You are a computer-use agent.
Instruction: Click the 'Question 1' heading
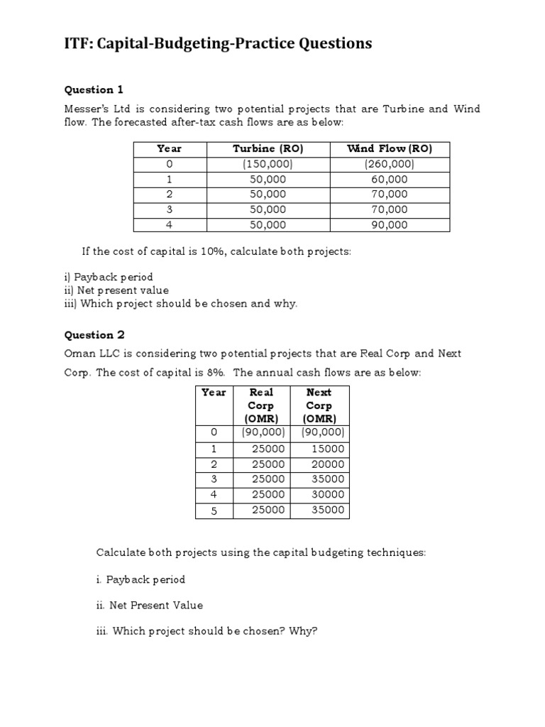click(94, 89)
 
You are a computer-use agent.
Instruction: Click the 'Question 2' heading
click(94, 335)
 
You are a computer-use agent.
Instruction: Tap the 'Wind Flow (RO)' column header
click(389, 148)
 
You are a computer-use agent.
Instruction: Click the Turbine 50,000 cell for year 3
click(268, 209)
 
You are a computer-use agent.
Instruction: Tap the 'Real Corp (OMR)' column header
click(260, 405)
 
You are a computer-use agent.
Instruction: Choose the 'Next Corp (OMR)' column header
click(319, 405)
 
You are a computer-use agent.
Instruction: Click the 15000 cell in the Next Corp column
click(327, 449)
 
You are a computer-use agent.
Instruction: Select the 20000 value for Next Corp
click(327, 464)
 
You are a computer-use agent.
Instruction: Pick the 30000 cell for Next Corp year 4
click(327, 495)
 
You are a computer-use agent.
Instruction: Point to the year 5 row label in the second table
click(213, 510)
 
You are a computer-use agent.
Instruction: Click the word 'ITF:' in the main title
click(79, 44)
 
